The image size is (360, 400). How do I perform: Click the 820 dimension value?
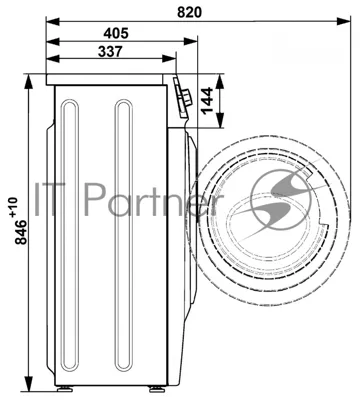(x=189, y=12)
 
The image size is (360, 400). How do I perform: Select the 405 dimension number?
(x=116, y=33)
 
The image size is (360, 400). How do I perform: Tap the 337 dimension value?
(x=110, y=51)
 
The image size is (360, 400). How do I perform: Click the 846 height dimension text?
(x=21, y=232)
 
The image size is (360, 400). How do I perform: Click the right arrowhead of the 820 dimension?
(x=344, y=22)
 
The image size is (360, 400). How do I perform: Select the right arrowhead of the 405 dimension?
(x=191, y=42)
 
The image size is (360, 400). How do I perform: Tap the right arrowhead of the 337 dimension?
(x=169, y=59)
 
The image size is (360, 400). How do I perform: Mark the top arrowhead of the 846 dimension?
(x=29, y=82)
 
